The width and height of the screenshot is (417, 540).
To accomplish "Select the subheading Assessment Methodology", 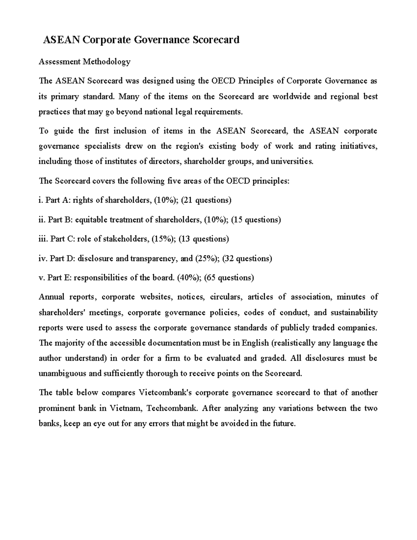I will pos(84,62).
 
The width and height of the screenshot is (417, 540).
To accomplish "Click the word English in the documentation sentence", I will pos(255,343).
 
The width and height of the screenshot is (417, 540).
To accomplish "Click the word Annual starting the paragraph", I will pos(51,297).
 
